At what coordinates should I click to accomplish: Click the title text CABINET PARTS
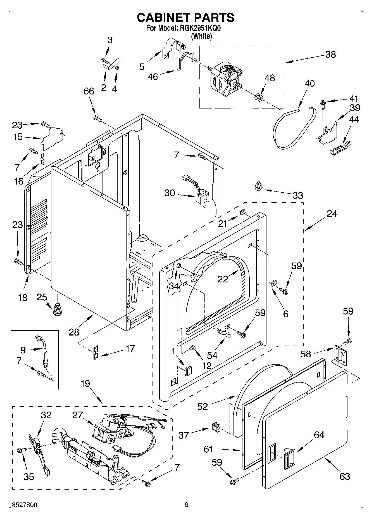[185, 18]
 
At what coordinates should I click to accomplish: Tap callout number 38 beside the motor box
[330, 54]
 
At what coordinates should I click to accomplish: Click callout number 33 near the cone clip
[298, 195]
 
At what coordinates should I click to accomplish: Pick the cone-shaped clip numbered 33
[259, 186]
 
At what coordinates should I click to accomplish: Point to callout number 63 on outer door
[345, 476]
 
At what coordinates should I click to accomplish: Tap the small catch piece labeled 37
[215, 427]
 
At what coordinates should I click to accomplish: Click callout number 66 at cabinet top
[89, 91]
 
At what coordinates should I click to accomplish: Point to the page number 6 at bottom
[186, 505]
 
